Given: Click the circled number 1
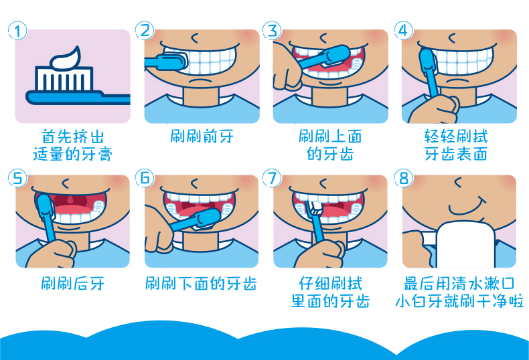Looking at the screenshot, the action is [x=17, y=31].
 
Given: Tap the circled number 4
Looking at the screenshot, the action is [x=403, y=31].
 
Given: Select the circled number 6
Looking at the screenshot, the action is [x=145, y=178].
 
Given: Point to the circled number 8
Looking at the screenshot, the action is [x=404, y=178].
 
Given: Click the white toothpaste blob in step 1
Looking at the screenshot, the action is [x=66, y=58].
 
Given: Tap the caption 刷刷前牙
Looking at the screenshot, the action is [x=202, y=137].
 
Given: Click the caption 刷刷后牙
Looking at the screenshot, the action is [x=72, y=284].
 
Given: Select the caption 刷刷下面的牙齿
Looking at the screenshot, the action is [x=201, y=284].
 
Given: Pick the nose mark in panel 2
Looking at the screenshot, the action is [x=195, y=38].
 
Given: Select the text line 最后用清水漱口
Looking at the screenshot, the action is [x=459, y=284].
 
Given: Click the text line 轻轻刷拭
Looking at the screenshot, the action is [x=456, y=137].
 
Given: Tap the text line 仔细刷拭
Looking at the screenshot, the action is [x=330, y=284].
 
